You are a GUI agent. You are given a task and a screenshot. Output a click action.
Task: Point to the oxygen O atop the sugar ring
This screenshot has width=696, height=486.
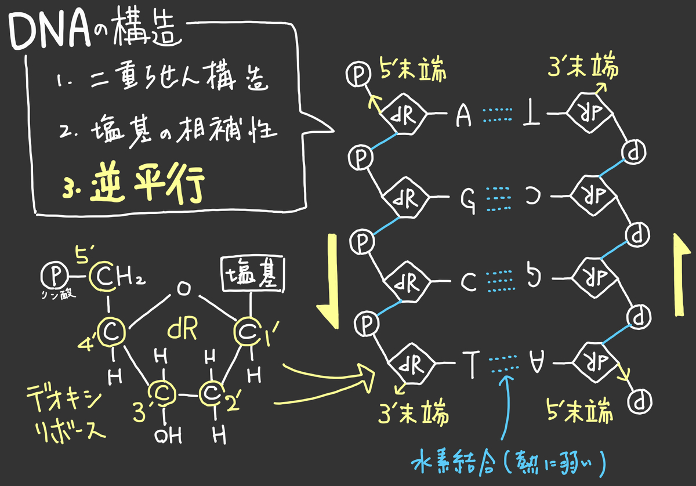[184, 289]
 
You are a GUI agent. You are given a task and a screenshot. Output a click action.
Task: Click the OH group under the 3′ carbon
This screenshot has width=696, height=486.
[168, 436]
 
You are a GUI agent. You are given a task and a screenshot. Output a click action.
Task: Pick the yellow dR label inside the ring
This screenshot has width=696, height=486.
[182, 328]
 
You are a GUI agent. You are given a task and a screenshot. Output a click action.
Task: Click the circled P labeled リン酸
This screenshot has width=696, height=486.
[55, 275]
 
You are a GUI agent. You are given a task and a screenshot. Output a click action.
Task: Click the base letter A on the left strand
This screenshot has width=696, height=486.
[463, 115]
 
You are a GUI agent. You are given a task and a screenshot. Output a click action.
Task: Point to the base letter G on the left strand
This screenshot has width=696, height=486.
[468, 201]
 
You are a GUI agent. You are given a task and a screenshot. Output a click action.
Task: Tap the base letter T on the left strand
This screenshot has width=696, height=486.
[472, 364]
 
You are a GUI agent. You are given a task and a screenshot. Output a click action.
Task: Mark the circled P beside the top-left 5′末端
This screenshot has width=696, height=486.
[358, 74]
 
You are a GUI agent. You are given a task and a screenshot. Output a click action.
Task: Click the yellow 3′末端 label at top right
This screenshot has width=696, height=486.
[583, 66]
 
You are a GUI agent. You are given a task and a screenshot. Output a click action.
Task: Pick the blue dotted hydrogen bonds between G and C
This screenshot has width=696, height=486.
[498, 199]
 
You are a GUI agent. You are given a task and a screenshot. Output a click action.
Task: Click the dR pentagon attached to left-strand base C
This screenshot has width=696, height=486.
[407, 281]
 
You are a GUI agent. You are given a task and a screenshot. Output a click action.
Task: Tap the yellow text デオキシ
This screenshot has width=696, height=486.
[64, 398]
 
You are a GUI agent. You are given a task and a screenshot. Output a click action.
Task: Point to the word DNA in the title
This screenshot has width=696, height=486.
[50, 31]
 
